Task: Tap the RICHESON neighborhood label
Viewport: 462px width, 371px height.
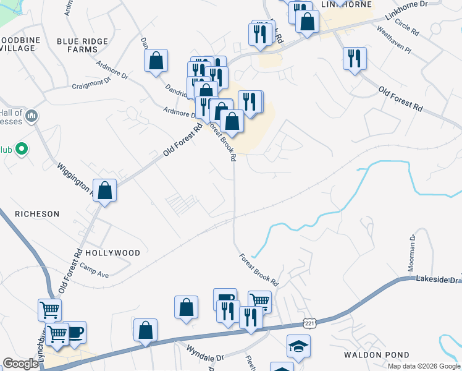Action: (x=37, y=214)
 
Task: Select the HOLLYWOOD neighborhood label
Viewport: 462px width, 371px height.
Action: (x=112, y=253)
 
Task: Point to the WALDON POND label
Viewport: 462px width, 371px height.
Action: (x=377, y=355)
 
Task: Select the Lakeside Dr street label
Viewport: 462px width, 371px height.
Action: (x=440, y=280)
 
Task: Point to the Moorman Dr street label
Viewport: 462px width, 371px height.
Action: (x=411, y=254)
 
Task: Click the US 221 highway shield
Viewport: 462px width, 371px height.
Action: (x=310, y=324)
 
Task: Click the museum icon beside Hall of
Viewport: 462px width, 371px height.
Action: (x=32, y=116)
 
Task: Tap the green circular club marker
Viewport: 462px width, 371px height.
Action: (x=22, y=149)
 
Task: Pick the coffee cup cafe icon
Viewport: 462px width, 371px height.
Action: (x=75, y=333)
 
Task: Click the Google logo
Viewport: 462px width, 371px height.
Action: (x=20, y=364)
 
